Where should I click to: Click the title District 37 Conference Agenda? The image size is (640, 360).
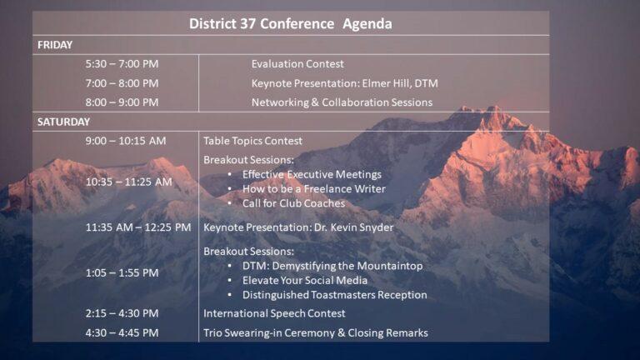coord(290,23)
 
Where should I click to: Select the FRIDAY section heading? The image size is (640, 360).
coord(55,45)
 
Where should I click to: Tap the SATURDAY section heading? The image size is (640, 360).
coord(63,122)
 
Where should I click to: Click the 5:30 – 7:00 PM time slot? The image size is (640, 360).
coord(122,64)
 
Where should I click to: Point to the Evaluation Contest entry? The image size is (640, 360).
coord(297,64)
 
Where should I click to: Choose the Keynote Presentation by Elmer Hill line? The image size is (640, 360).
coord(344,83)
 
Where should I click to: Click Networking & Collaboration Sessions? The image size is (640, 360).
coord(342,102)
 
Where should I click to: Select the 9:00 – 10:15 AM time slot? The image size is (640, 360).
coord(126,141)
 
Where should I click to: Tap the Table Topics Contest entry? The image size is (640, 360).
coord(252,141)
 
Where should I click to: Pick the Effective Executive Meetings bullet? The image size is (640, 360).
coord(312,174)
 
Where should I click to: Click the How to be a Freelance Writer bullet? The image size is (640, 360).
coord(314,189)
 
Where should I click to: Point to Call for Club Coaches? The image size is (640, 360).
coord(293,203)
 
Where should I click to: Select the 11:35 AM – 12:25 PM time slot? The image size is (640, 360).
coord(138,227)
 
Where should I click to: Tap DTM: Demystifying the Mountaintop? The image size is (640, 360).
coord(332,266)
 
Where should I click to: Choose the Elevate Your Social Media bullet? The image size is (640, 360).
coord(304,280)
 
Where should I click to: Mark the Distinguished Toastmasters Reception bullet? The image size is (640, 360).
coord(335,295)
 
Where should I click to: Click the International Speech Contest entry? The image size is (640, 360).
coord(274,313)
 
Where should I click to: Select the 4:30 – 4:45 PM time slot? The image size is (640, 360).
coord(122,333)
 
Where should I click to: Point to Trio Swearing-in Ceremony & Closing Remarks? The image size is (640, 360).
coord(316,333)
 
